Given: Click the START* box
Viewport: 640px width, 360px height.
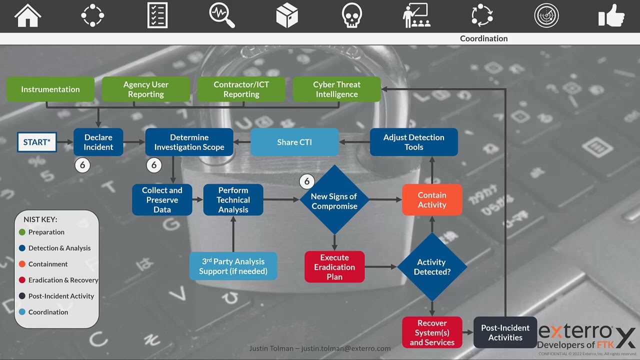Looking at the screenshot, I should tap(37, 142).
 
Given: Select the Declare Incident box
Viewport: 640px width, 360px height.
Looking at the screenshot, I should tap(98, 142).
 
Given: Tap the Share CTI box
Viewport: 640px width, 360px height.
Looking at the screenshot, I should tap(294, 142).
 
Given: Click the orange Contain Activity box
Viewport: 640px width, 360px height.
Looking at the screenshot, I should tap(432, 200).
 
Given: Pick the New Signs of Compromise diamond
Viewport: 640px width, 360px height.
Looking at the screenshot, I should tap(334, 200).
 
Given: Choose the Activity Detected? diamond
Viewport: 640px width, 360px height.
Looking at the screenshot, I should tap(432, 267).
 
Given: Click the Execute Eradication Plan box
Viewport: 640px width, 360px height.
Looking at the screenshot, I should tap(334, 267).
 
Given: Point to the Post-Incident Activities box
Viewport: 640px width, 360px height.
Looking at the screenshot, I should tap(505, 332).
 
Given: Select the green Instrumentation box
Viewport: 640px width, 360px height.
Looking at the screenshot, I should tap(50, 89).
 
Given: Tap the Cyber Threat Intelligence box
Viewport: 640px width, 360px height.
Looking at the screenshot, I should tap(336, 89).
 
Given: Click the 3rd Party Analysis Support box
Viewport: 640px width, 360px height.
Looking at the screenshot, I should tap(233, 266).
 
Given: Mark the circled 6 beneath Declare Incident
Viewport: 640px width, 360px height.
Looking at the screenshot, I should tap(82, 165).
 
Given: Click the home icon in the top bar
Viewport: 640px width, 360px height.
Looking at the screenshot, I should tap(27, 15).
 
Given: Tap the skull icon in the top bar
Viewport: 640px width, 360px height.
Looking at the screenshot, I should tap(352, 15).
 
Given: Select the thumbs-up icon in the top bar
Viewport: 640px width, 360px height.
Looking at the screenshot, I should tap(611, 15).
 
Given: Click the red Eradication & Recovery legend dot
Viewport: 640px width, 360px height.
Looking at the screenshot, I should tap(22, 280).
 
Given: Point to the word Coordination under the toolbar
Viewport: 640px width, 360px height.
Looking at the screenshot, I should tap(483, 38).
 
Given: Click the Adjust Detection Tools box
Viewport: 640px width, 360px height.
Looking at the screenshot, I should tap(413, 142).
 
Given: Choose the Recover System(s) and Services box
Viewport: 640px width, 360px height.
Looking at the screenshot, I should tap(432, 332).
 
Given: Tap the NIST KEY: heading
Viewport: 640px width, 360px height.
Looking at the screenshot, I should tap(40, 219).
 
